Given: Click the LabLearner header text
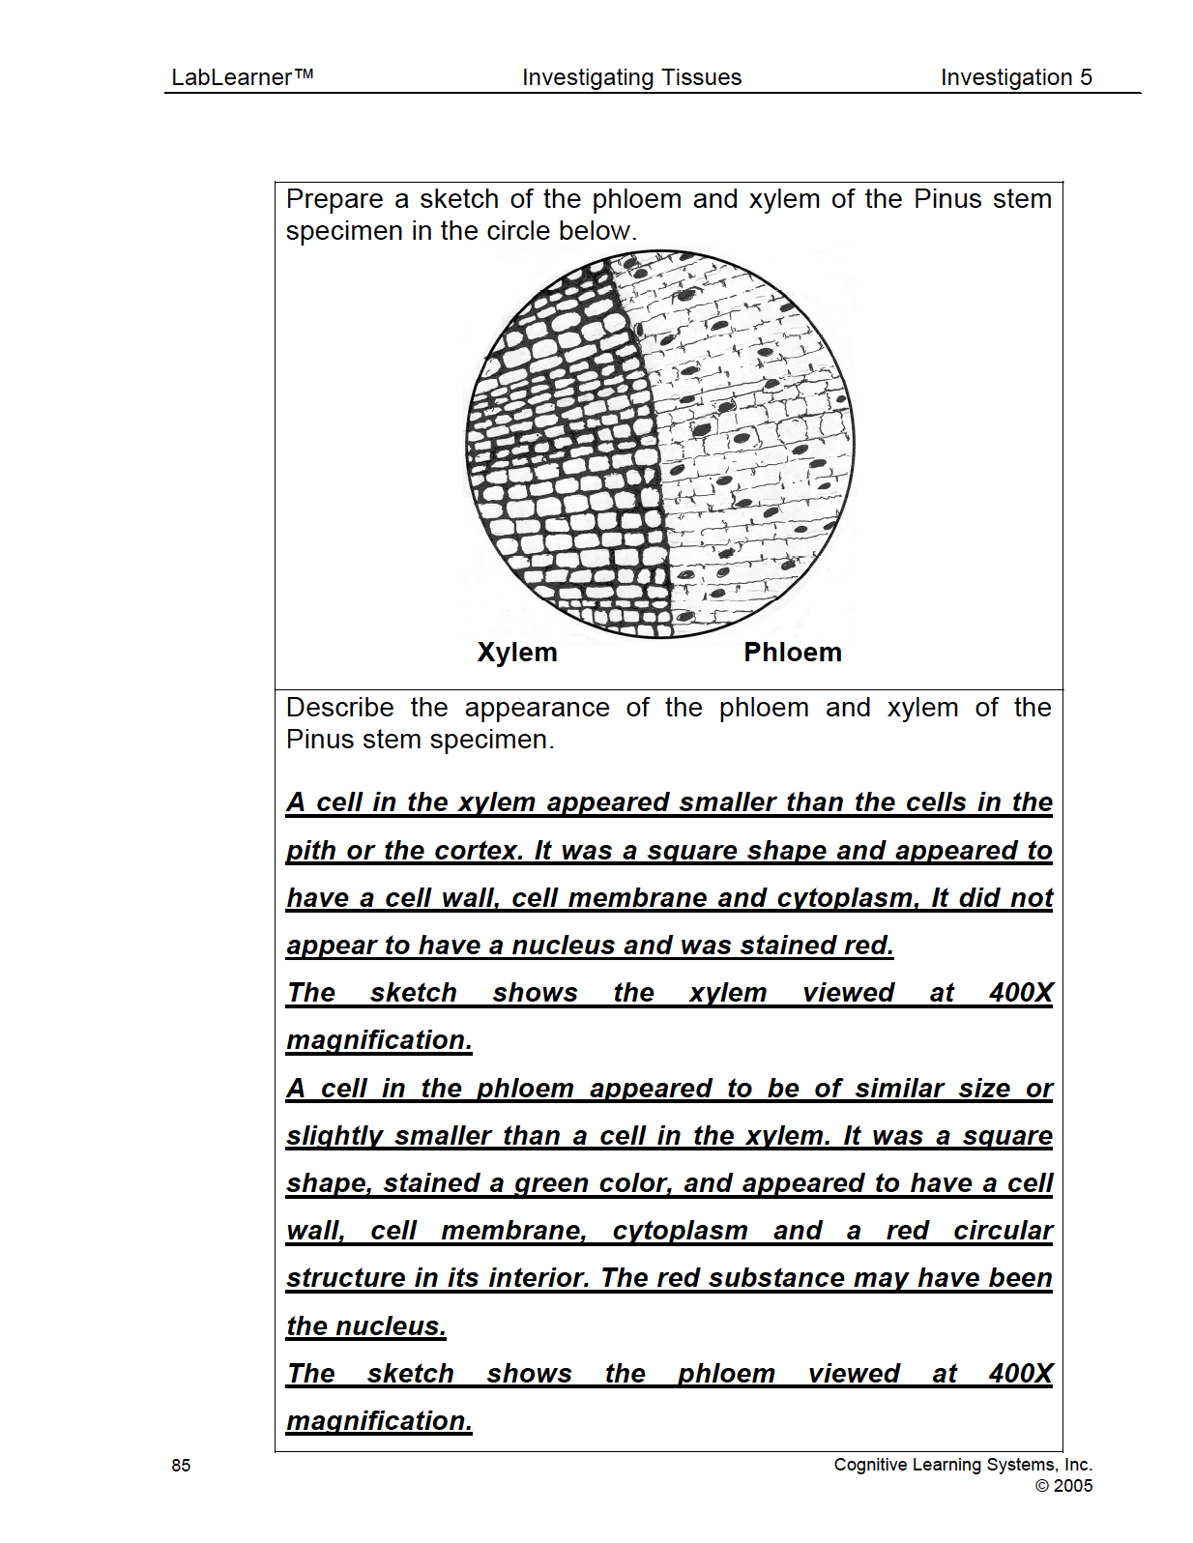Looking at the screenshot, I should pyautogui.click(x=242, y=77).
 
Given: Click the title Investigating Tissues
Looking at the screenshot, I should pyautogui.click(x=631, y=77).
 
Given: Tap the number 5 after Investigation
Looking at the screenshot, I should pyautogui.click(x=1086, y=77).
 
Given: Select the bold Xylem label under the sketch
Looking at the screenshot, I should pyautogui.click(x=517, y=653).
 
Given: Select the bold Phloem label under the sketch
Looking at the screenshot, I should pyautogui.click(x=793, y=653).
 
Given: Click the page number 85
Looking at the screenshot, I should pyautogui.click(x=181, y=1466).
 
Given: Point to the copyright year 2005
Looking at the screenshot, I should pyautogui.click(x=1072, y=1486).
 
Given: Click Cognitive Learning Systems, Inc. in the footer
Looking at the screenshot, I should pyautogui.click(x=963, y=1465).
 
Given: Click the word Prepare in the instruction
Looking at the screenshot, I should pyautogui.click(x=335, y=199).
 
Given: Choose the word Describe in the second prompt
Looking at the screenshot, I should pyautogui.click(x=339, y=708).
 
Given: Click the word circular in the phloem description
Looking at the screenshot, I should pyautogui.click(x=1003, y=1231).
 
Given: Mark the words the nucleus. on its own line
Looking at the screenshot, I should pyautogui.click(x=366, y=1326).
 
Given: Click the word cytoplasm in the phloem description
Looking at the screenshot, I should pyautogui.click(x=680, y=1231).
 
